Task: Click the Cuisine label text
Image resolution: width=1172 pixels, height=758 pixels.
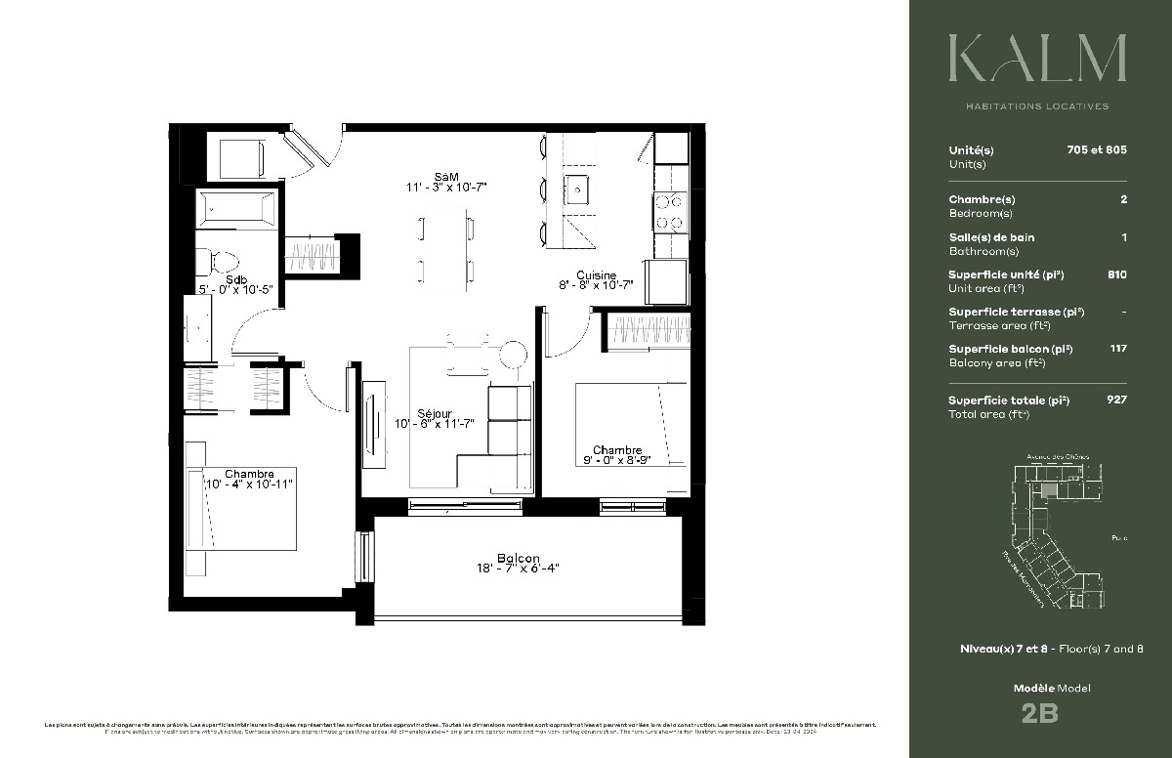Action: coord(595,274)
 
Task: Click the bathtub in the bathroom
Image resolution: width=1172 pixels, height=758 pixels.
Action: coord(235,209)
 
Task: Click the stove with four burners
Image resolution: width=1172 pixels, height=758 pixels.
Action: coord(670,213)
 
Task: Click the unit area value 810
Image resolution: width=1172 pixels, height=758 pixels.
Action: coord(1116,274)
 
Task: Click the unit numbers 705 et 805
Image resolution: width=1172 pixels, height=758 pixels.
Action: coord(1097,150)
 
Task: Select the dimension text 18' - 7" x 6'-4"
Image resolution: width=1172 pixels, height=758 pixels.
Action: coord(518,568)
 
